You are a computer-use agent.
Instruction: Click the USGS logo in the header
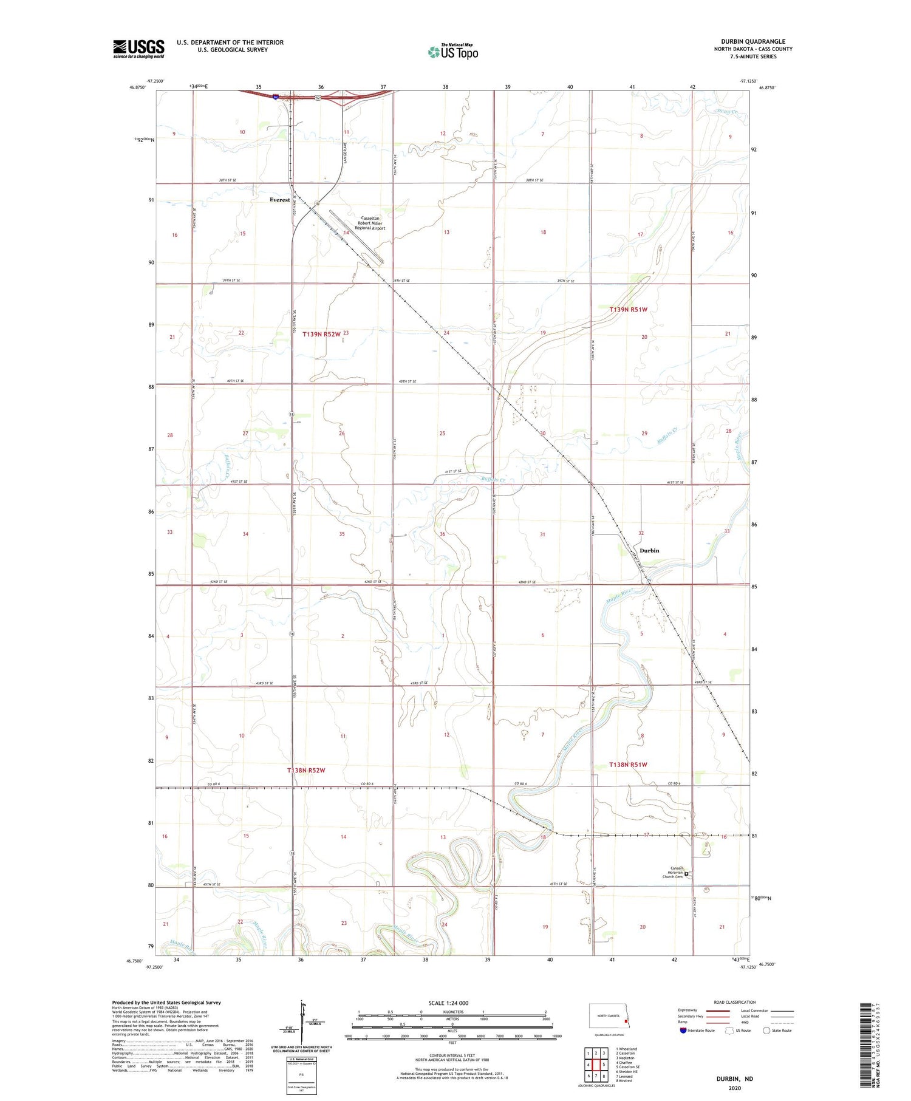coord(138,49)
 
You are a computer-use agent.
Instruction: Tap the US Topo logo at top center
coord(453,52)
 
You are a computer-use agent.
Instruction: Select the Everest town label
coord(280,200)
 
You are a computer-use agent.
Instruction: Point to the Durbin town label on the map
coord(649,551)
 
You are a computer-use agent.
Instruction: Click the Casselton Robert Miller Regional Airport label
coord(370,223)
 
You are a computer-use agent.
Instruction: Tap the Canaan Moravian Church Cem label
coord(672,872)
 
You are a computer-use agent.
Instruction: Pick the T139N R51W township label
coord(629,310)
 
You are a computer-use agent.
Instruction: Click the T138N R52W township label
coord(306,770)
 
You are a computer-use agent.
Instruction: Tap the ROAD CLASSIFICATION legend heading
coord(734,1002)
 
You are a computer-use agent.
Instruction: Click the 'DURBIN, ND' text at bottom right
coord(735,1079)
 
